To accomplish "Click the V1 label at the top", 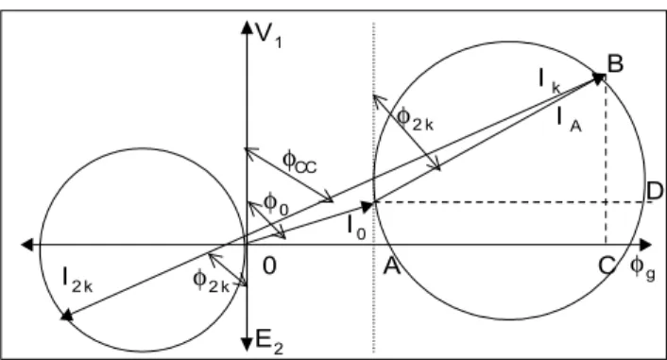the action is [x=268, y=34].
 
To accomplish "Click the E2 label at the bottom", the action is [x=269, y=342].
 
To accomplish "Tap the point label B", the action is [x=615, y=64].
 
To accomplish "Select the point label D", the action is [x=655, y=191].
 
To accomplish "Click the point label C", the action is [x=607, y=266].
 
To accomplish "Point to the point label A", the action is [x=392, y=266].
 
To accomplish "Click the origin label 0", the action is [x=269, y=266].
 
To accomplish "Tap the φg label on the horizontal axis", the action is [x=642, y=268].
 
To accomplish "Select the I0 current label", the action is [x=356, y=227].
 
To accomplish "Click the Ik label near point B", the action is [x=550, y=81].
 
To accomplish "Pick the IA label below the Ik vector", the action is [x=569, y=119].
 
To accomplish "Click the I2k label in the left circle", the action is [x=77, y=280].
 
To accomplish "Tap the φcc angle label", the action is [x=299, y=163].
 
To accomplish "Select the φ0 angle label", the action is [x=276, y=204].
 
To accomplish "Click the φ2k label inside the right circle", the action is [x=415, y=118].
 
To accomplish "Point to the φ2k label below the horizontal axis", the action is [x=211, y=282].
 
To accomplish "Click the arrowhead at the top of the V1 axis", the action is [x=247, y=26].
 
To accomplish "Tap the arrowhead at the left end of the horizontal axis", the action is [x=27, y=245].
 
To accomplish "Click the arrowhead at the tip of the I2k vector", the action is [x=67, y=315].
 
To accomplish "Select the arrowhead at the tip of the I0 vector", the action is [x=368, y=206].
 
